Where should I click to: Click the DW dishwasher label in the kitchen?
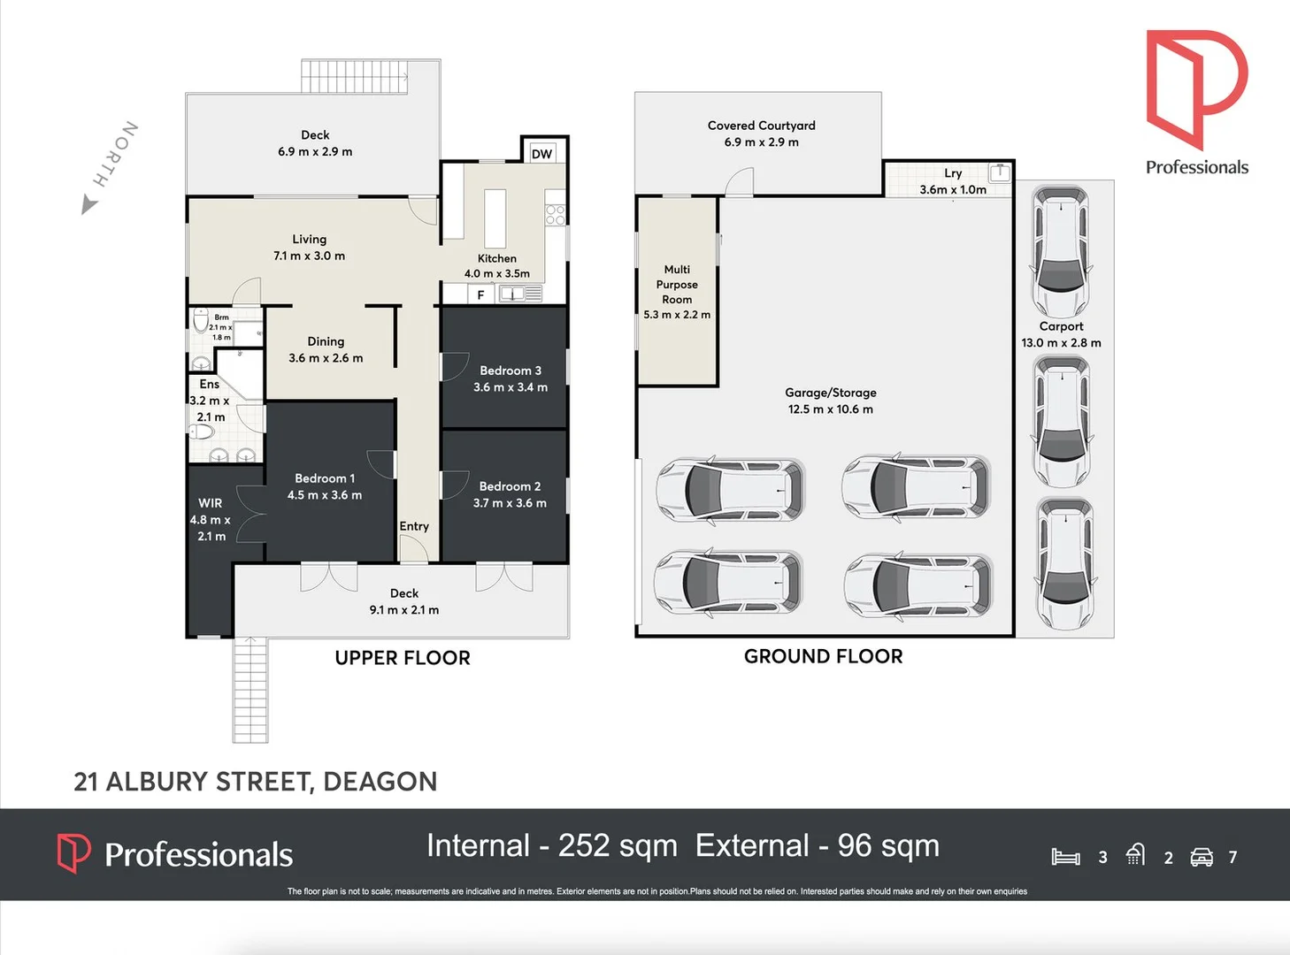[541, 154]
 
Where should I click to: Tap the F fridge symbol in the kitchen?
[481, 295]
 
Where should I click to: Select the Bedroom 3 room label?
[510, 371]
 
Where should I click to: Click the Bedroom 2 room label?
[510, 486]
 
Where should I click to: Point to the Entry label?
[414, 526]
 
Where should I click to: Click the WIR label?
[210, 503]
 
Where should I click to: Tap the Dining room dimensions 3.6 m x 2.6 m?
[326, 358]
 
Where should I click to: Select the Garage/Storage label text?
[831, 393]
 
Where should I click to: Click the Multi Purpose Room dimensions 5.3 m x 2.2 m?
[677, 315]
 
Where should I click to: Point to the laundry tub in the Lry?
[1001, 172]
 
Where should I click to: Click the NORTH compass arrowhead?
[88, 204]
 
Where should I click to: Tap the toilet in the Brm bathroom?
[201, 320]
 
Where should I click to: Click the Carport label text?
[1061, 326]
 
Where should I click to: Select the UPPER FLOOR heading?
[403, 658]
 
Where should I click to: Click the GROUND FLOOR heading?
[824, 656]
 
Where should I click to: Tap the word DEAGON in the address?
[380, 782]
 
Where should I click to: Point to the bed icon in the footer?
[1065, 857]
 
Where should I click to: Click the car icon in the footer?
[1202, 858]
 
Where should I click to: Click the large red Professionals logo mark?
[1196, 89]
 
